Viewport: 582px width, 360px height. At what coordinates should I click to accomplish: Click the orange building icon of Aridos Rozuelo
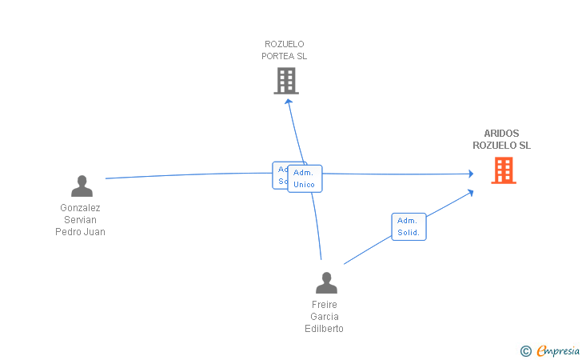[503, 170]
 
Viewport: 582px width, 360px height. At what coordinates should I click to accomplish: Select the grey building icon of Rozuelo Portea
[286, 81]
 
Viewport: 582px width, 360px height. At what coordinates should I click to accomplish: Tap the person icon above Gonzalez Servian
[82, 186]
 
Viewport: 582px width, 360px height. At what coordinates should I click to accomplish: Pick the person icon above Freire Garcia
[326, 283]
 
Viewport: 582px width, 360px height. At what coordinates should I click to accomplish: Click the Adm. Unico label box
[305, 178]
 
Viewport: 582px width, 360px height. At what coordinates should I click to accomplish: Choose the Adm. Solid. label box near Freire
[409, 226]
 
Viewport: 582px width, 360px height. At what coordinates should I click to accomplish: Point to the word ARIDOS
[501, 134]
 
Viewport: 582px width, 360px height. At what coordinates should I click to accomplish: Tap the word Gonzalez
[80, 208]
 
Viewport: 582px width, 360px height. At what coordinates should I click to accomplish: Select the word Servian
[80, 220]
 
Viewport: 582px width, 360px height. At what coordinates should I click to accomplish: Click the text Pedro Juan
[80, 232]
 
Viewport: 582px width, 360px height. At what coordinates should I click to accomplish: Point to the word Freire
[325, 305]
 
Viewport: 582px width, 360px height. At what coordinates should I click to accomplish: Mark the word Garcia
[325, 317]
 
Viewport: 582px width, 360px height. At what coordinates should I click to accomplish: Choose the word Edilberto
[325, 329]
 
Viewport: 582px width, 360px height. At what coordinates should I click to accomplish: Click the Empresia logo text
[558, 350]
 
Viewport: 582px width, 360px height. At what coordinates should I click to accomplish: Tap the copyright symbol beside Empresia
[525, 351]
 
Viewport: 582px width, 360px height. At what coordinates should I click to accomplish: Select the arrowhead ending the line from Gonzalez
[471, 174]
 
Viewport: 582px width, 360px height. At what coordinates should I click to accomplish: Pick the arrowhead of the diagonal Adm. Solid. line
[471, 192]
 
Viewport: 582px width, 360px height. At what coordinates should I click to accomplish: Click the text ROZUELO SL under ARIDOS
[501, 146]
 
